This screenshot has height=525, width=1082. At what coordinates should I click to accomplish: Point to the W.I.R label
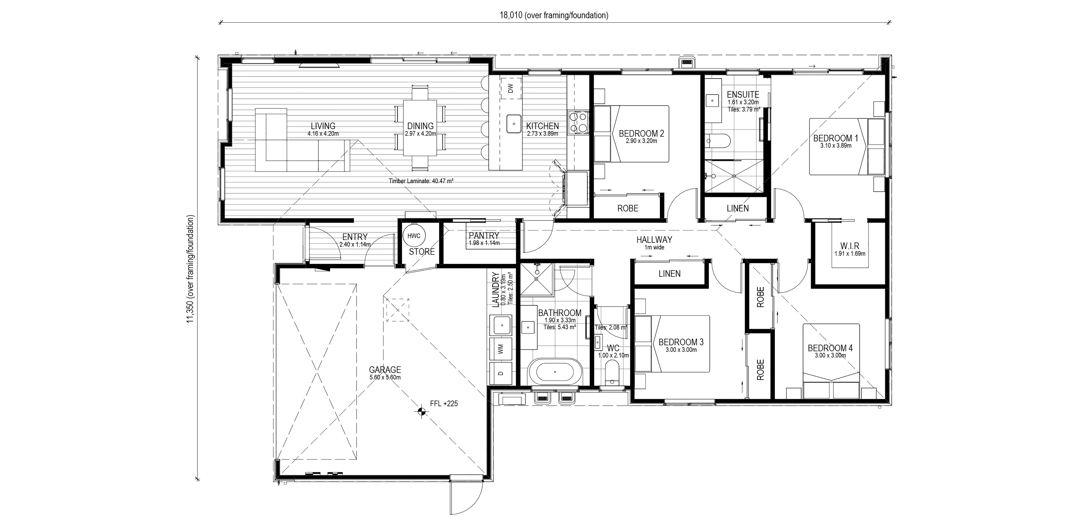coord(850,246)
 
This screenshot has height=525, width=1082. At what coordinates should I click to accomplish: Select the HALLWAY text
coord(654,240)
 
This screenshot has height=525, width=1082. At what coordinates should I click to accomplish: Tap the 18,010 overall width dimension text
coord(554,15)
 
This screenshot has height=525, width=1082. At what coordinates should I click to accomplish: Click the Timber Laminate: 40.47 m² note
coord(421,181)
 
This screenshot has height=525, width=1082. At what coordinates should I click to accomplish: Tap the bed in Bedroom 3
coord(672,344)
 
